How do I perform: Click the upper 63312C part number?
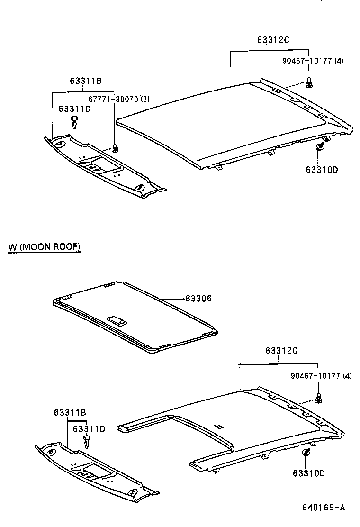tap(273, 40)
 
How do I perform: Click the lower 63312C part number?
tap(281, 351)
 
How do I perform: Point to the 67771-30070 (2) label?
tap(119, 99)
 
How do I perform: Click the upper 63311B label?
tap(86, 81)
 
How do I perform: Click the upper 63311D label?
tap(75, 109)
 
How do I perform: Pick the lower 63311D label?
tap(89, 429)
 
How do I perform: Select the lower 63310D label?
tap(308, 473)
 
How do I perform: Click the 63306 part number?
tap(198, 299)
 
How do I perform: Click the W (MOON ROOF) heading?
tap(45, 247)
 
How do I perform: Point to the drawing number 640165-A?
tap(324, 508)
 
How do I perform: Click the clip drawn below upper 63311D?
tap(74, 122)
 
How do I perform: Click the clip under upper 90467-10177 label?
tap(310, 83)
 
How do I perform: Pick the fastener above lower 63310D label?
tap(306, 452)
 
